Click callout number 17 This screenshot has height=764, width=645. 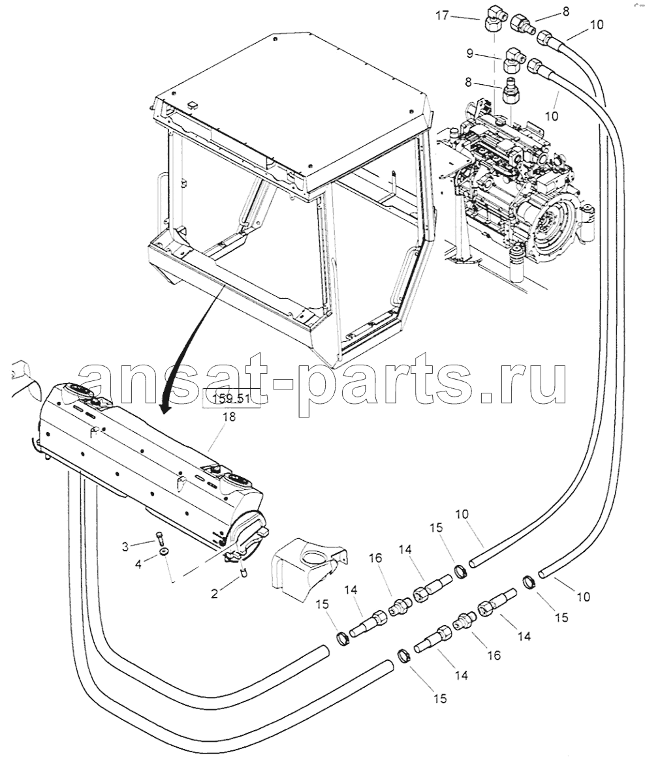pyautogui.click(x=442, y=16)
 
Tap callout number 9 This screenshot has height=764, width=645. pyautogui.click(x=469, y=53)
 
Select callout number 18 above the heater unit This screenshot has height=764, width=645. pyautogui.click(x=229, y=417)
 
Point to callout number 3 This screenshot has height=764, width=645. pyautogui.click(x=125, y=547)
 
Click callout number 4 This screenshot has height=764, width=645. pyautogui.click(x=138, y=564)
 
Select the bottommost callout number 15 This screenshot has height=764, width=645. pyautogui.click(x=440, y=698)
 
